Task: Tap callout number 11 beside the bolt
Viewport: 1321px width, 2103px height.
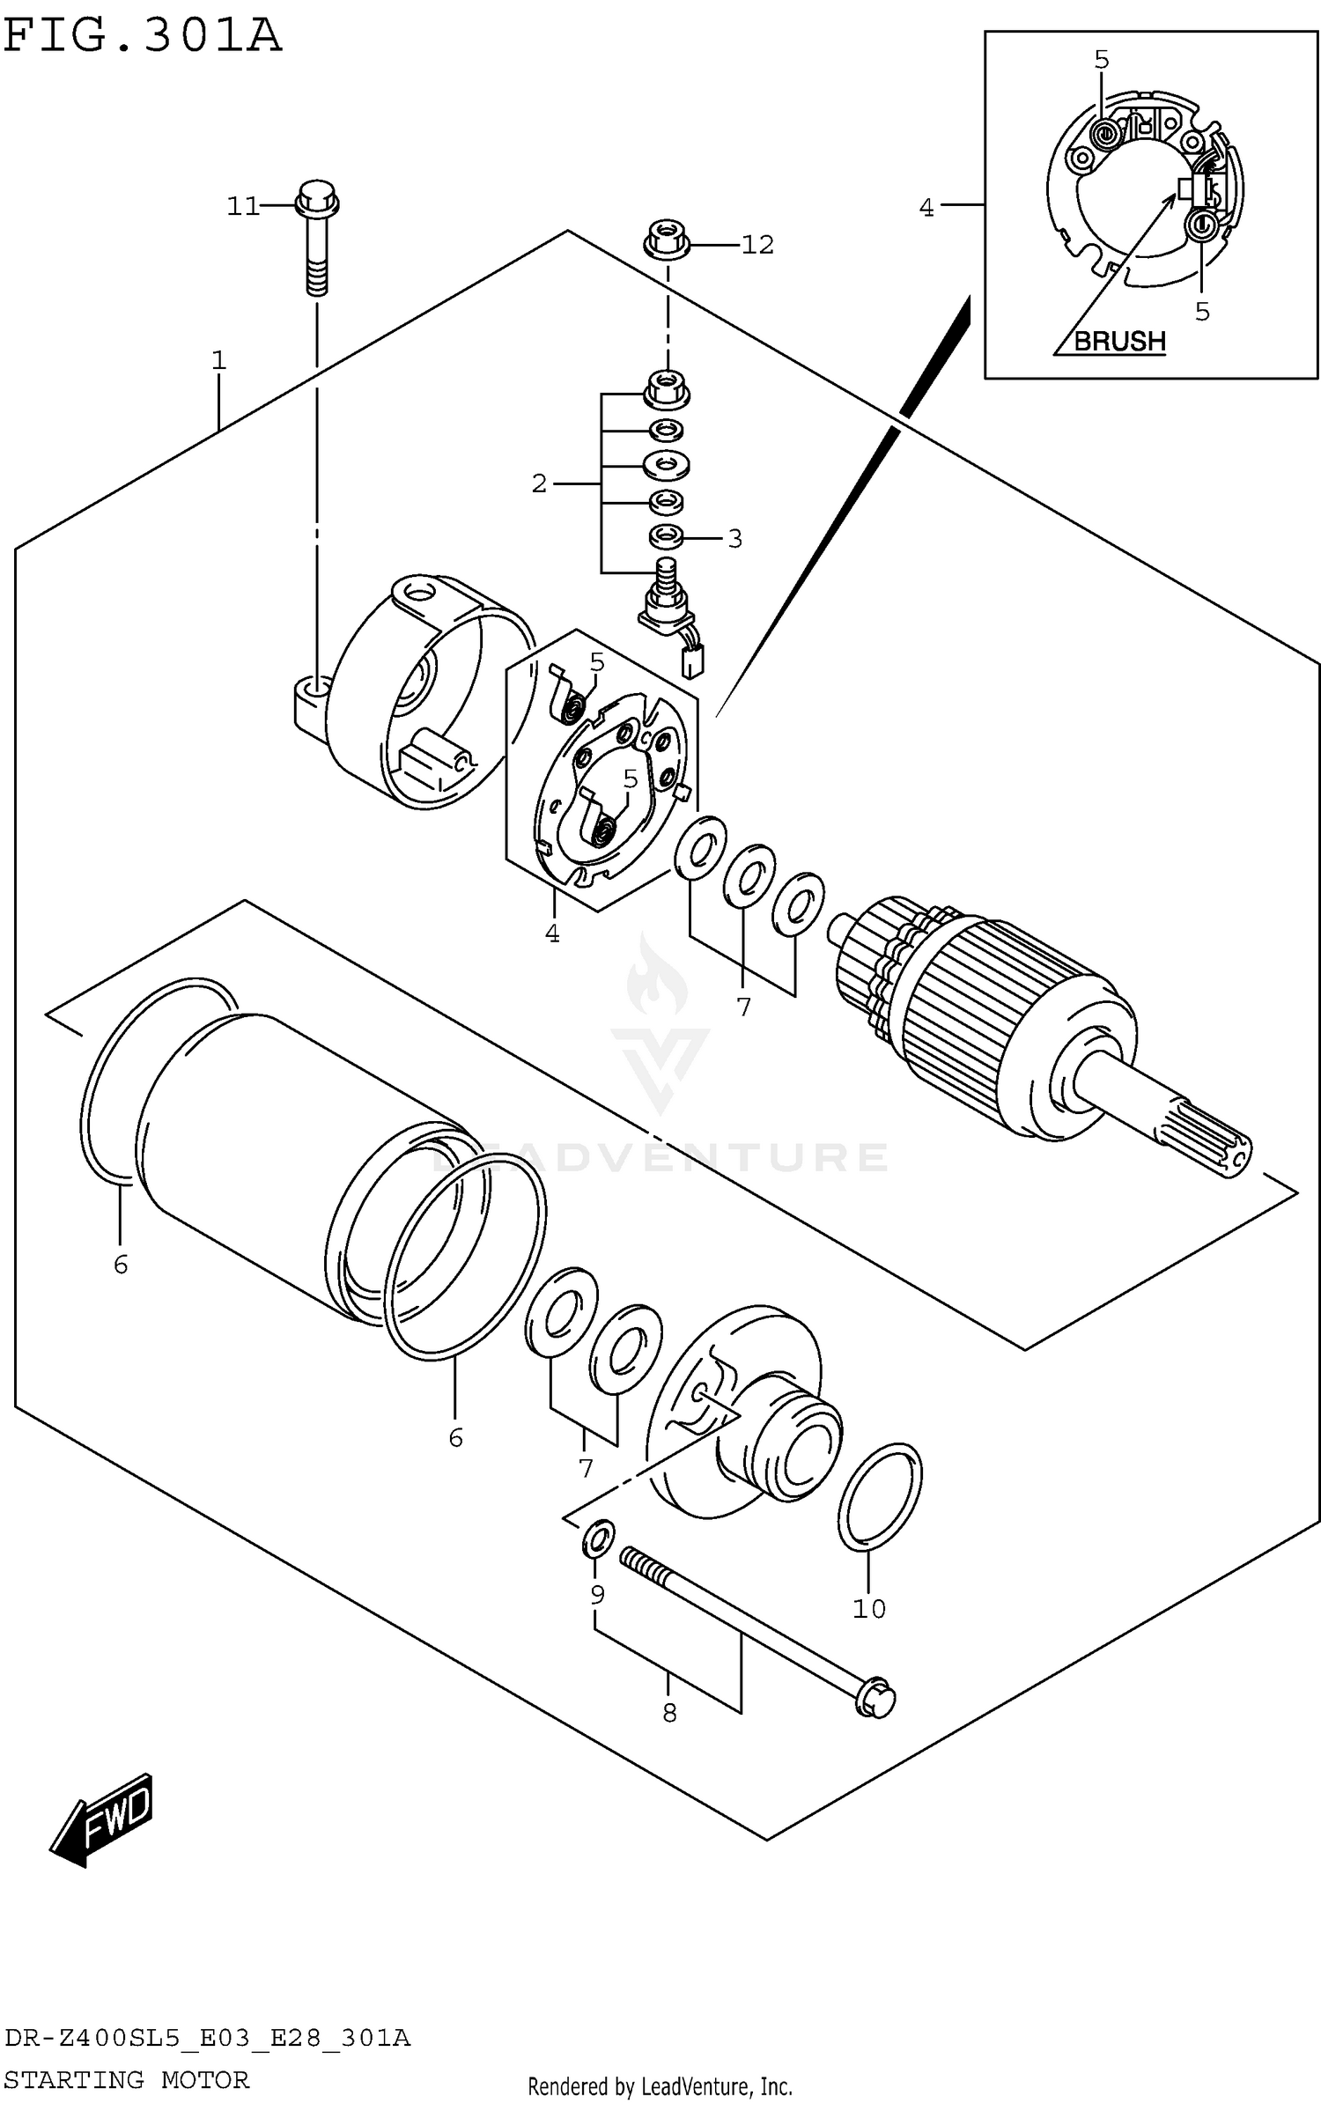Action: [x=242, y=206]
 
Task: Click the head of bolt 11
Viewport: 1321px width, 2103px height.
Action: [x=318, y=197]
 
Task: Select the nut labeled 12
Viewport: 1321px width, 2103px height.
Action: [x=667, y=241]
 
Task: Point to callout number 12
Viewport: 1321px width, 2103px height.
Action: [x=756, y=245]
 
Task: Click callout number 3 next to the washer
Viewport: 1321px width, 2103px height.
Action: [x=734, y=538]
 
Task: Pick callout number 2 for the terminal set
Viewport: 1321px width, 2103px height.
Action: [x=539, y=483]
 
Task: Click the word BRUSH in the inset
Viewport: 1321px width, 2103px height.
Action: [x=1119, y=341]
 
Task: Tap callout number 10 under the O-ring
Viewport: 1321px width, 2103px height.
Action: [x=868, y=1609]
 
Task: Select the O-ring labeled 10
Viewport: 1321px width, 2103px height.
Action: [x=880, y=1496]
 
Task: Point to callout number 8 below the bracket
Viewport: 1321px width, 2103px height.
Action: [x=669, y=1713]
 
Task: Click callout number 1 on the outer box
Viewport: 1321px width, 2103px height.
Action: [x=218, y=360]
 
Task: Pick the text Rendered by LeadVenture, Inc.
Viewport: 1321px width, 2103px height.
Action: [x=660, y=2086]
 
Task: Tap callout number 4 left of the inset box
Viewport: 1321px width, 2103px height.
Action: [x=926, y=208]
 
